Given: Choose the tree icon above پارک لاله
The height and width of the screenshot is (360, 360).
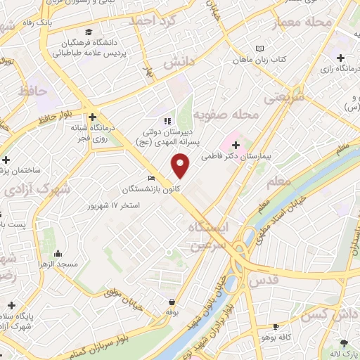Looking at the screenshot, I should pyautogui.click(x=344, y=342).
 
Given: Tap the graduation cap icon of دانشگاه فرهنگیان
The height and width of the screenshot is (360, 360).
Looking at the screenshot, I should pyautogui.click(x=89, y=32).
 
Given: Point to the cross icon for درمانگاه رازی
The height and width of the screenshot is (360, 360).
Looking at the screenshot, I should pyautogui.click(x=341, y=58).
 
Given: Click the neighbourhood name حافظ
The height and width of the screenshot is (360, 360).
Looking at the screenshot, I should pyautogui.click(x=33, y=91).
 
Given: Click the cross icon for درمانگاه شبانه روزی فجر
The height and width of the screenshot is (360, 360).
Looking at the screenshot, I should pyautogui.click(x=91, y=117).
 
